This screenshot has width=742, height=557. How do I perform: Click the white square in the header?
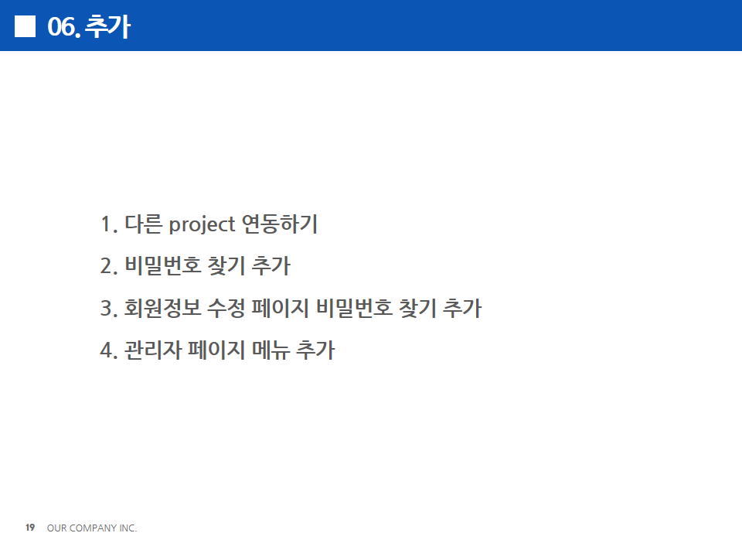tap(25, 26)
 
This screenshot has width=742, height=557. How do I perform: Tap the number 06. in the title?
tap(64, 26)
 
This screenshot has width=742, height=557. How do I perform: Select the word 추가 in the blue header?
tap(107, 26)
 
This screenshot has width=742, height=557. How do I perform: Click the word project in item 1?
tap(202, 224)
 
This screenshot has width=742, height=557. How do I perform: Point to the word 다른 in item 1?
tap(144, 224)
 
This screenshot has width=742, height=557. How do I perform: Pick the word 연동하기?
tap(280, 224)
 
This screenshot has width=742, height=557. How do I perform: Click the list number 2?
tap(109, 266)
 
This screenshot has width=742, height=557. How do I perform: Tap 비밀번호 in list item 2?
tap(163, 265)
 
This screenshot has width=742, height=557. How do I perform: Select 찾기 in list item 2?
tap(226, 265)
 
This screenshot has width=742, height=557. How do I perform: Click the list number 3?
tap(109, 309)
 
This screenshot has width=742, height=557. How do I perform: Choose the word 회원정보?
tap(163, 307)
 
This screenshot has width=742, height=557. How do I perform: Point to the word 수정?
tap(226, 307)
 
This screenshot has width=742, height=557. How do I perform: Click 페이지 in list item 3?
tap(280, 307)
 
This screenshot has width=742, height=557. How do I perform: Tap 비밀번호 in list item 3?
tap(354, 307)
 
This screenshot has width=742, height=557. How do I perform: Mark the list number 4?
tap(109, 350)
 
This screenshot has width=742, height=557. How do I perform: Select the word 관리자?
tap(153, 350)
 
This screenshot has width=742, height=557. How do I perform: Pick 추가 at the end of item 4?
tap(315, 350)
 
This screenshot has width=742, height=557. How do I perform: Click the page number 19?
tap(30, 527)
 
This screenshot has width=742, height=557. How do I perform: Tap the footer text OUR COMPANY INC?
tap(92, 528)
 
